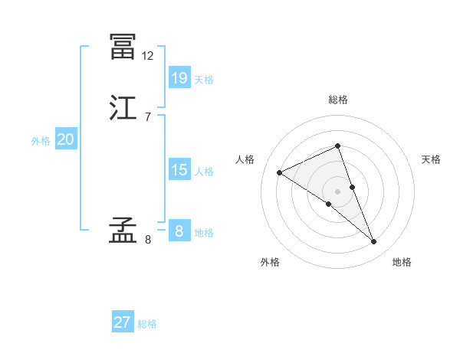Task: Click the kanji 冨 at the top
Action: click(x=123, y=47)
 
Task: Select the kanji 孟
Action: click(x=123, y=231)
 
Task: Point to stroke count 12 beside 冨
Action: click(x=148, y=55)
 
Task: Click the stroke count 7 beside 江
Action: click(x=148, y=116)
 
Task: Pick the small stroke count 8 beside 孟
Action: click(x=148, y=239)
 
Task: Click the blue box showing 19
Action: click(x=179, y=77)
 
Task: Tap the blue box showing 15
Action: click(x=179, y=169)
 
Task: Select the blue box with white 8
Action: click(x=179, y=231)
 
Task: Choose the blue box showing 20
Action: click(x=66, y=139)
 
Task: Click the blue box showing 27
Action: click(x=123, y=322)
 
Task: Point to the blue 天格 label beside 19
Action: click(x=203, y=80)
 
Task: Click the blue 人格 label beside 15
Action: click(x=203, y=172)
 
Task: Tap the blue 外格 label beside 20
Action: click(x=41, y=141)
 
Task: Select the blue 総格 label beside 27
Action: click(x=147, y=325)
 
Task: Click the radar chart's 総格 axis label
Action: click(x=337, y=100)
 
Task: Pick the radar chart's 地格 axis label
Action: click(x=402, y=262)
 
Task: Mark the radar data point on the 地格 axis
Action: click(x=374, y=242)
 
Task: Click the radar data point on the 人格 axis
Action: click(x=280, y=172)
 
